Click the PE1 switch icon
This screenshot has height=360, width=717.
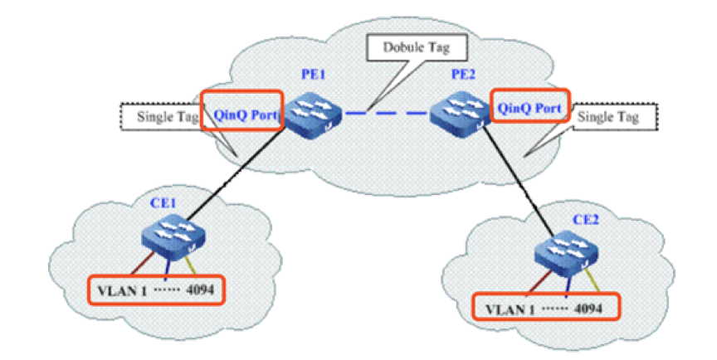pos(311,113)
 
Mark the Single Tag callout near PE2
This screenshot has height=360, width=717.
pos(609,117)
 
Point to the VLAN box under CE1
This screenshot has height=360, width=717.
pos(156,289)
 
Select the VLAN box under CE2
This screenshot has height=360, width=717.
pos(546,307)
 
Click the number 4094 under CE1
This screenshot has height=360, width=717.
pos(201,289)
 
